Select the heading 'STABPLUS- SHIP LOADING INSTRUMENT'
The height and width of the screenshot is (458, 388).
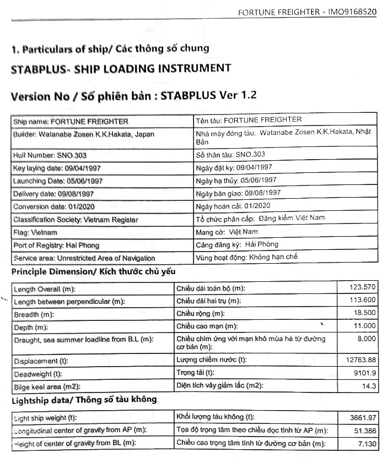point(121,69)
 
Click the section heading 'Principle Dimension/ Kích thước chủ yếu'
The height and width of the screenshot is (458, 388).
point(93,272)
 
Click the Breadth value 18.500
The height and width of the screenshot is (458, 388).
point(365,313)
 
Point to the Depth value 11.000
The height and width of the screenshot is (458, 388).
point(365,326)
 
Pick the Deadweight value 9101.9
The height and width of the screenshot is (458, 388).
point(364,373)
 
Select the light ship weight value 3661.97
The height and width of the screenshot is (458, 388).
point(363,417)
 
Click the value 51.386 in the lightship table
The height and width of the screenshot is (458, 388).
point(365,430)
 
